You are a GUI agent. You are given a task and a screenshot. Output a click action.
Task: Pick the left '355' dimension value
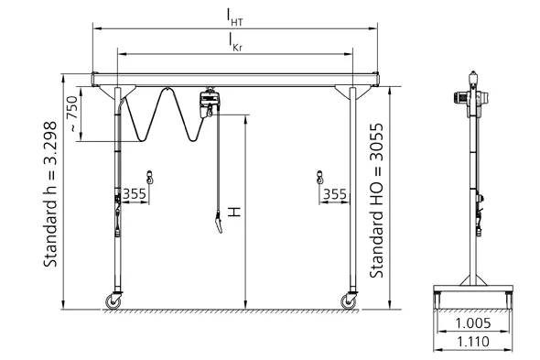coord(135,194)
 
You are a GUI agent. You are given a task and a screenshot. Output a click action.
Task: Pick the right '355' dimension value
coord(334,194)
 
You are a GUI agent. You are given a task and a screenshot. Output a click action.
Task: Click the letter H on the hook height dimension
coord(235,212)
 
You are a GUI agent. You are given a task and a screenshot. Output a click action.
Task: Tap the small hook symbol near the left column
coord(149,175)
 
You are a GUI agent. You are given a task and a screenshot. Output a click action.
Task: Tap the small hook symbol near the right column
coord(319,175)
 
